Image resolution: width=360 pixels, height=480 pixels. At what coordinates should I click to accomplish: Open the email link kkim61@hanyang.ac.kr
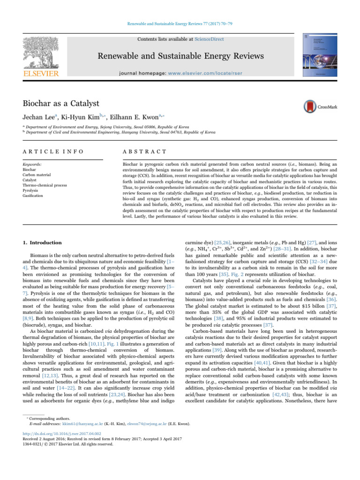72,424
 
